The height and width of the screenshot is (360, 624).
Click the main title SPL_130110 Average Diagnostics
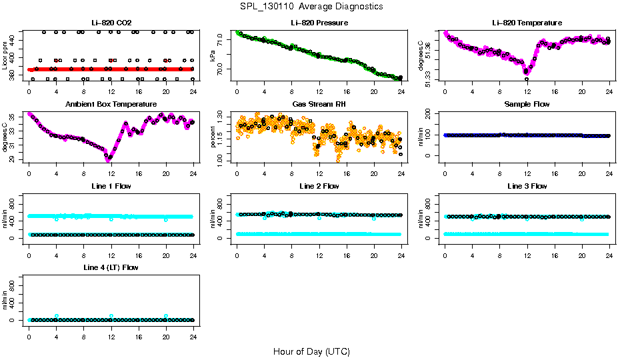(312, 6)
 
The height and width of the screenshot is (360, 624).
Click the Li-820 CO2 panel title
(111, 23)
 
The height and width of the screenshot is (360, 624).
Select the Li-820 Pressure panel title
(319, 23)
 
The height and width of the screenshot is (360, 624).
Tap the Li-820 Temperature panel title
(527, 23)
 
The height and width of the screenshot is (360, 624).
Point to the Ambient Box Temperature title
(111, 104)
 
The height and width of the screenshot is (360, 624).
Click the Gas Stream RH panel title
(319, 104)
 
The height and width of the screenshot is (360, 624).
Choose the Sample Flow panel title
(527, 104)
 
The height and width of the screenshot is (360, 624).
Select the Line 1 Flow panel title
(111, 185)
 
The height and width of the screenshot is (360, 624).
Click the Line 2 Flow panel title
(319, 185)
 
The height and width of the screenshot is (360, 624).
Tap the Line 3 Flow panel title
(527, 185)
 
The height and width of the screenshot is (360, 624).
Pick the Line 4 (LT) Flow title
(111, 267)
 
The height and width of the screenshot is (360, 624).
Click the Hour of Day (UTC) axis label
(311, 351)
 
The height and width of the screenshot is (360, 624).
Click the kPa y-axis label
(213, 56)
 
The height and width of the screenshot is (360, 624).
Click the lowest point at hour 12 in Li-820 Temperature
(527, 79)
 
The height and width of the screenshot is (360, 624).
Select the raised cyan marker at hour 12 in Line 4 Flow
(111, 316)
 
